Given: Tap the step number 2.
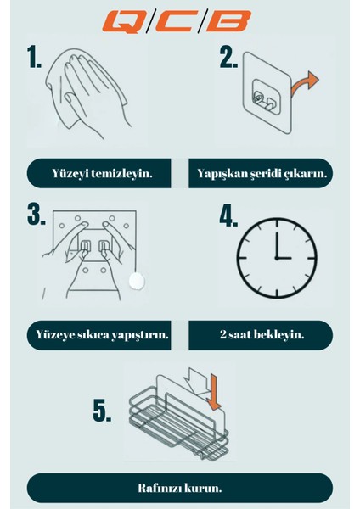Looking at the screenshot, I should tap(228, 58).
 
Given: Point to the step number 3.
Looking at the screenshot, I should tap(36, 214).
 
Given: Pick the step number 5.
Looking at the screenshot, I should tap(102, 411).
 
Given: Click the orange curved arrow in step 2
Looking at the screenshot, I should tap(304, 84).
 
